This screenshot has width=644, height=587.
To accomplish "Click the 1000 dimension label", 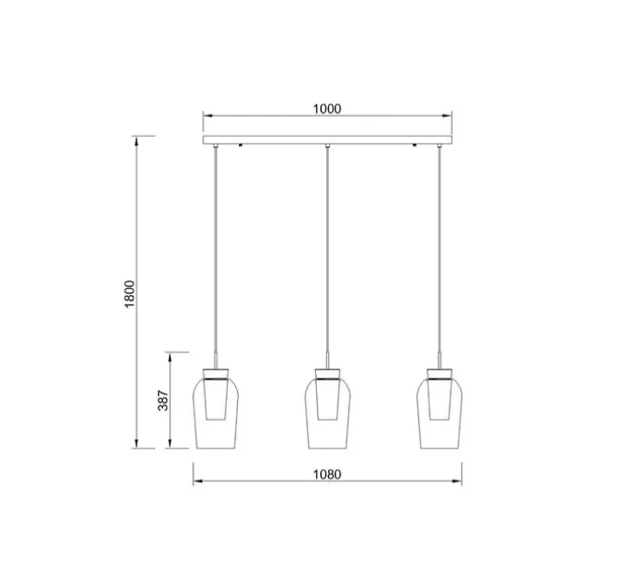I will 327,109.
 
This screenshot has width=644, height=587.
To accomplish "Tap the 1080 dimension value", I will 328,474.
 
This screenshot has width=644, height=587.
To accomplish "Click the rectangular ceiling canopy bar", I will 327,139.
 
